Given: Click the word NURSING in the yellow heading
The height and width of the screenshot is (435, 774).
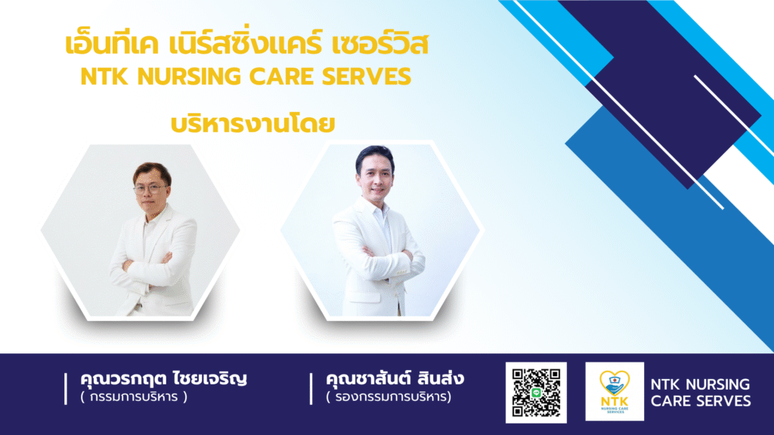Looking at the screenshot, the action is pos(189,76).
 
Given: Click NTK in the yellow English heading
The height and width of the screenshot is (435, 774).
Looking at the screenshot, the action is pos(104,76).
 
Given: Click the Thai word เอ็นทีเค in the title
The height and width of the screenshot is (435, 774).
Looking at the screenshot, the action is pos(112,43).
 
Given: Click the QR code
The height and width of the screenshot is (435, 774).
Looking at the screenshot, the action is pos(536,393).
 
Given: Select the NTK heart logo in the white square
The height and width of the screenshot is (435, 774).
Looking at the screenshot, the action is pos(615,392).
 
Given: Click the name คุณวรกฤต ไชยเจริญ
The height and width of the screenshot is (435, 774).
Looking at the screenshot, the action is pos(163,379).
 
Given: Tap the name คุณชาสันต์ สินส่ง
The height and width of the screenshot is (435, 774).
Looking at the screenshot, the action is pos(395,378).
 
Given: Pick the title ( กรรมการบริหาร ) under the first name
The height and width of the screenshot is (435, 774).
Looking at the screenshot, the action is pos(134,396).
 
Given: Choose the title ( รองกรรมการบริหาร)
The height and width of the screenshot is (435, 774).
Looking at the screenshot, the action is pos(389,396).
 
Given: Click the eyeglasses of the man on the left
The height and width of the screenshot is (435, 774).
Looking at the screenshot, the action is pos(150,189).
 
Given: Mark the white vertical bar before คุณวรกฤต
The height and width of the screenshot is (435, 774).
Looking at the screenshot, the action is pos(66,389).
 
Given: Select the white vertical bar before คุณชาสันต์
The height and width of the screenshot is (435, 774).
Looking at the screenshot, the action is pos(311,389).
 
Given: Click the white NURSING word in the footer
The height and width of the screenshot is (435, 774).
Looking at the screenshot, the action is pos(718,384).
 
